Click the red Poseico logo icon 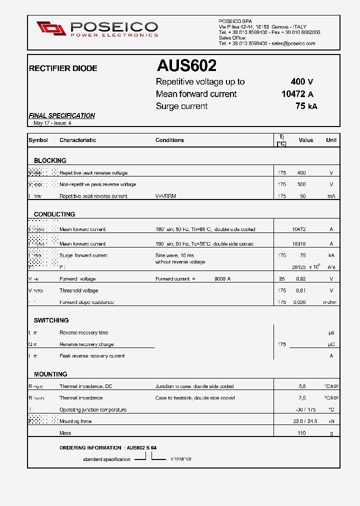(51, 28)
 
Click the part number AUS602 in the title (186, 65)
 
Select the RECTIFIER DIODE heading (63, 68)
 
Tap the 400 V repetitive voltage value (302, 81)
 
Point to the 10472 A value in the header (297, 94)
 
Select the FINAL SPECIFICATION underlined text (62, 115)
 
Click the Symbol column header (38, 140)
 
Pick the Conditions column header (169, 140)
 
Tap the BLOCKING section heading (50, 160)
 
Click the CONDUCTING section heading (54, 214)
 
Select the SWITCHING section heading (51, 320)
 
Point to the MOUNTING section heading (50, 374)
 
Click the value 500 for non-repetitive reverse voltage (301, 184)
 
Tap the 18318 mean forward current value (299, 244)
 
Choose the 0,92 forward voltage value (300, 279)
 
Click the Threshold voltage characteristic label (78, 290)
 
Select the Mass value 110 (301, 433)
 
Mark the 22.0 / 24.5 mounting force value (305, 421)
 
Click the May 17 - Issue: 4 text (52, 123)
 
